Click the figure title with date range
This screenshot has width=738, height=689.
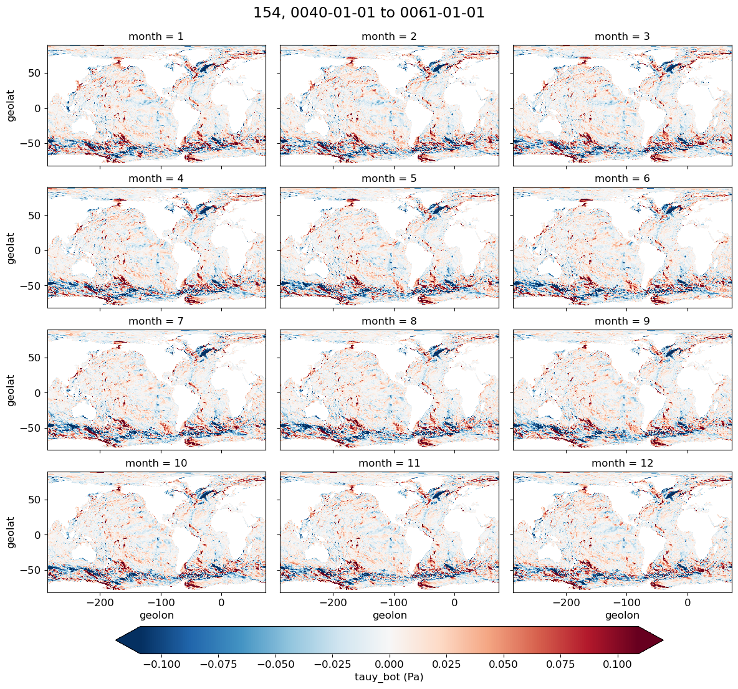coord(369,13)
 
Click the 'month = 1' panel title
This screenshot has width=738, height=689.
coord(156,37)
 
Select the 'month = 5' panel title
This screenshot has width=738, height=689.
coord(389,179)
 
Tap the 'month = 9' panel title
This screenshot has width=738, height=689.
coord(622,321)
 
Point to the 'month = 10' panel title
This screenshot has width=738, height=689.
coord(156,463)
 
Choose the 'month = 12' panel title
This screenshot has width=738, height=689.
coord(622,463)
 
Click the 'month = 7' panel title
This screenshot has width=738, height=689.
coord(156,321)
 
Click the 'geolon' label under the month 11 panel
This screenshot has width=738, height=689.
coord(389,615)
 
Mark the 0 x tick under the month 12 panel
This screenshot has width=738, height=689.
coord(687,603)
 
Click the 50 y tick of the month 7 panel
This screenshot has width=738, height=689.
coord(36,358)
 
